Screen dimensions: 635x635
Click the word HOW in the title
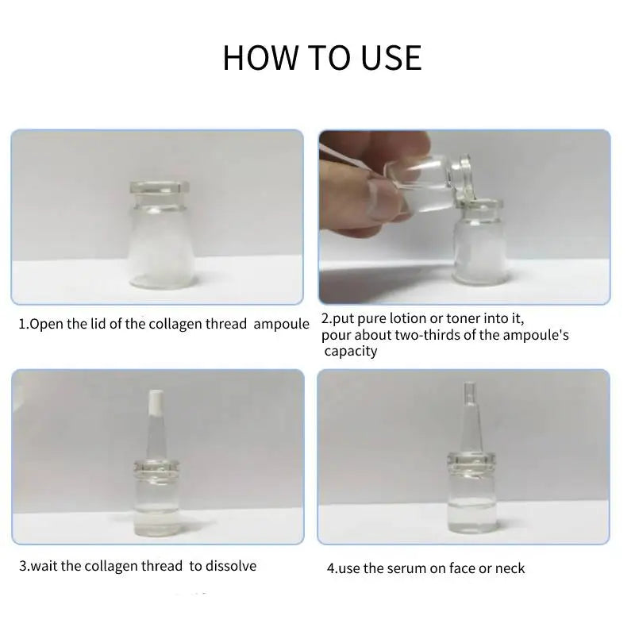(260, 57)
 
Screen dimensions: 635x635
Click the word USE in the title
(391, 57)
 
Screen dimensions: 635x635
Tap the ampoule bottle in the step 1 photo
(160, 234)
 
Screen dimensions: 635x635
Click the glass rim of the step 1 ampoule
(160, 187)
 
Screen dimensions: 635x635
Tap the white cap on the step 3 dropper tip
(156, 402)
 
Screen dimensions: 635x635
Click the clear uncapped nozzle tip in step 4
(469, 392)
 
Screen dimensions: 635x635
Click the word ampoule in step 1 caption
(281, 325)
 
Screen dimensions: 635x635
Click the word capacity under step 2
(351, 351)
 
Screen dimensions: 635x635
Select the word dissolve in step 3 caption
(231, 566)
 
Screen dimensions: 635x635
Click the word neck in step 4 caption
(510, 568)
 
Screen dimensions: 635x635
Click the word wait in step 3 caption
(44, 566)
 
